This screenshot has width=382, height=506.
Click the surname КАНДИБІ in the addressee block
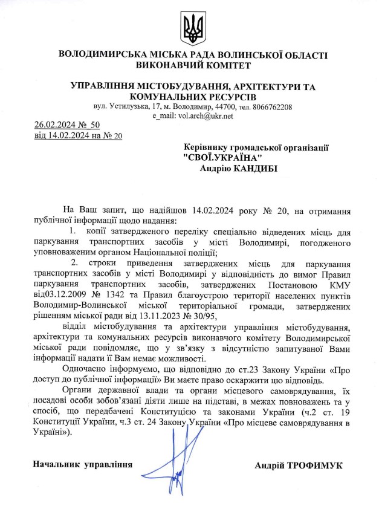point(255,169)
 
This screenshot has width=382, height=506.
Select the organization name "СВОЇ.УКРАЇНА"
point(222,157)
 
